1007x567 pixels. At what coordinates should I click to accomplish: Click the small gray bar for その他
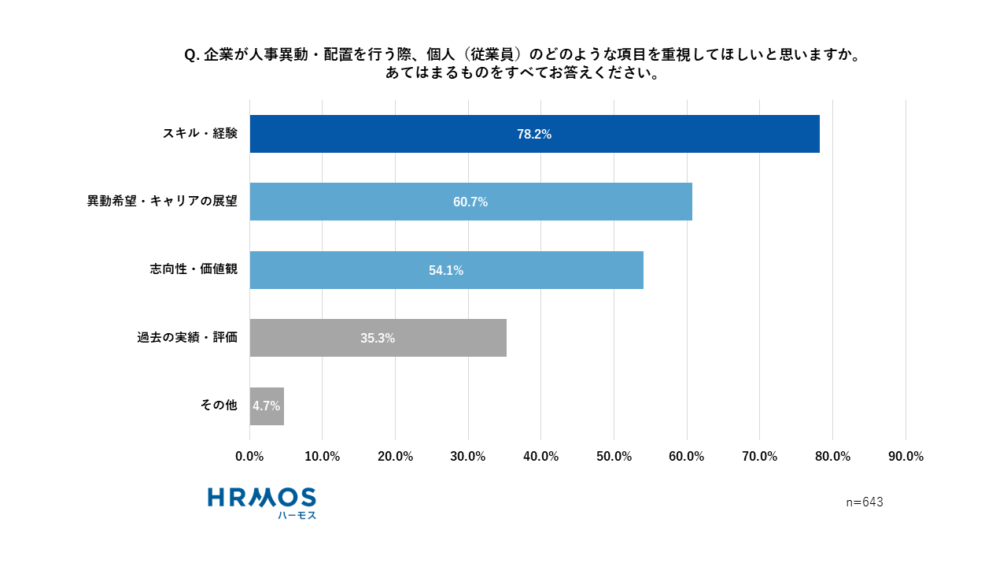(267, 406)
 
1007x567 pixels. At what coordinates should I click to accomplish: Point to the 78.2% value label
(534, 135)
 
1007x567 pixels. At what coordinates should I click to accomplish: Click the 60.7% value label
(470, 202)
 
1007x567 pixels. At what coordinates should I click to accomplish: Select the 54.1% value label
(446, 271)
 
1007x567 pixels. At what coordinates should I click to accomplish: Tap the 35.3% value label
(378, 339)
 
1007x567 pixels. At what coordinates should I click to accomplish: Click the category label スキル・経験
(200, 134)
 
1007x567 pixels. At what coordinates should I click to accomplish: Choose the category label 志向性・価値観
(194, 269)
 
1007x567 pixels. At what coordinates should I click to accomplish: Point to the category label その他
(219, 406)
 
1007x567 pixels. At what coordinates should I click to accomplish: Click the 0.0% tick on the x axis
(249, 457)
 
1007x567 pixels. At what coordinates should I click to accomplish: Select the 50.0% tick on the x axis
(614, 457)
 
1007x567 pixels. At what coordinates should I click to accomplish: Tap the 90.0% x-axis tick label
(906, 457)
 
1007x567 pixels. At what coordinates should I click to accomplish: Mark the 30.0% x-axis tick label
(468, 457)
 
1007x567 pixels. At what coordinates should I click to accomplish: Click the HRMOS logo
(262, 498)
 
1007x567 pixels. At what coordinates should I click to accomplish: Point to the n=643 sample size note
(865, 502)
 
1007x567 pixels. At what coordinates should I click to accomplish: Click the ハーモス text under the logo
(297, 515)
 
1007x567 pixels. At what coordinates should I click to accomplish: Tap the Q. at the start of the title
(192, 55)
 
